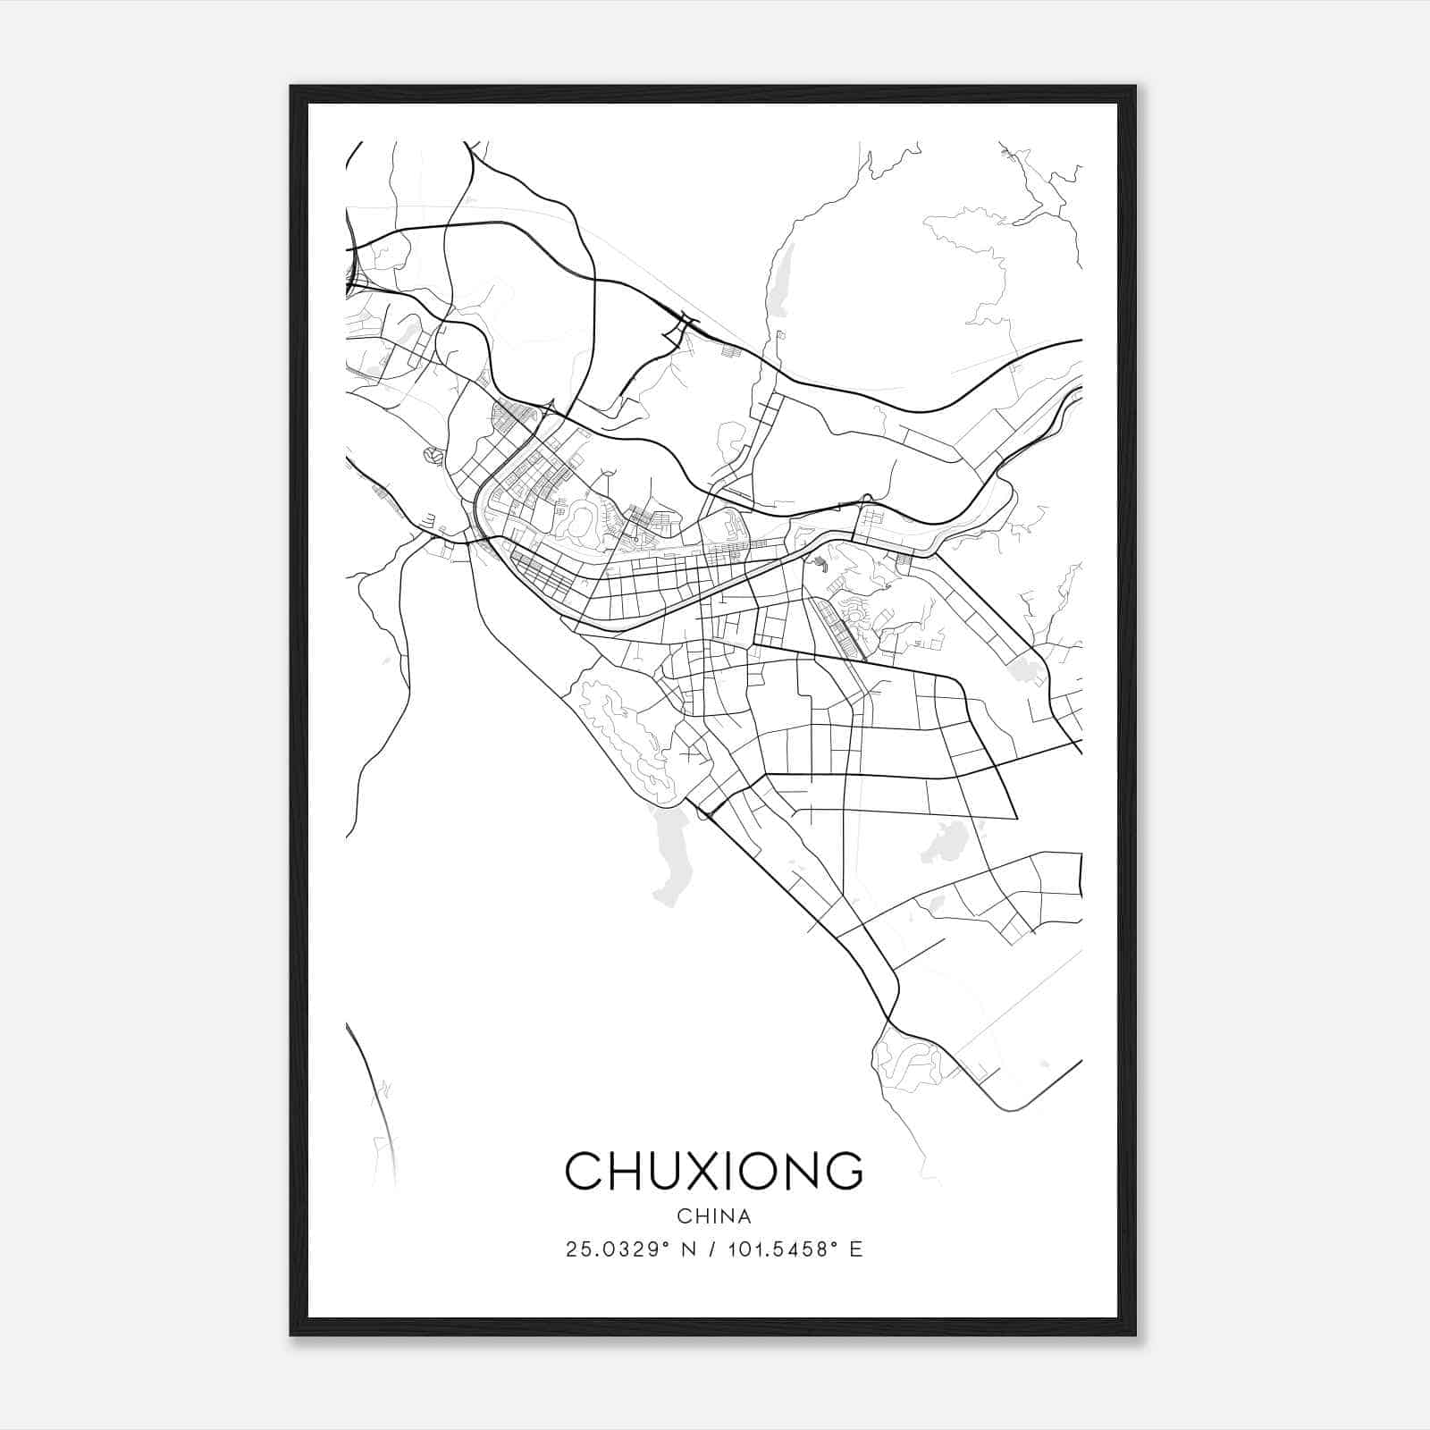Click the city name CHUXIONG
[714, 1171]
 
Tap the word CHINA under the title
[714, 1216]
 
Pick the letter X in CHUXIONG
[695, 1171]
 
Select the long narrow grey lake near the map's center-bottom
[669, 854]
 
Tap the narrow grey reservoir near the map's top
[780, 279]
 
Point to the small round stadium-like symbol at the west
[433, 456]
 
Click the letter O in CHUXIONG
[751, 1171]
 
